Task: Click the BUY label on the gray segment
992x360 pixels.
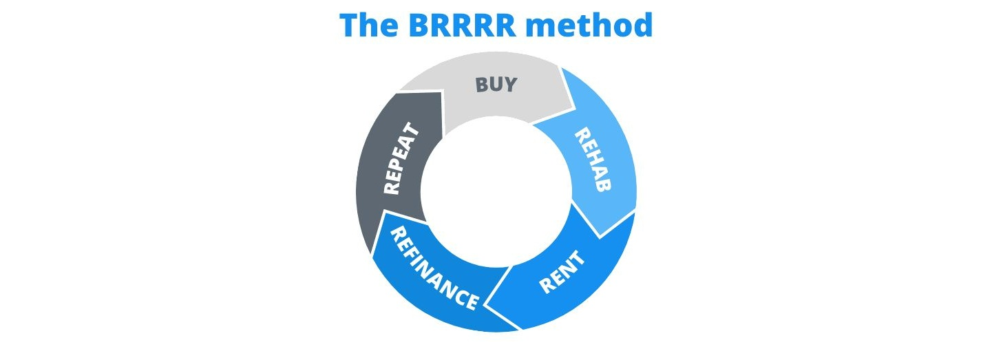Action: coord(496,86)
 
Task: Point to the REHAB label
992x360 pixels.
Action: coord(593,160)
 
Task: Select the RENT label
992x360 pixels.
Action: coord(562,273)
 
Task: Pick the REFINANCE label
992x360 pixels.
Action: coord(434,269)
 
